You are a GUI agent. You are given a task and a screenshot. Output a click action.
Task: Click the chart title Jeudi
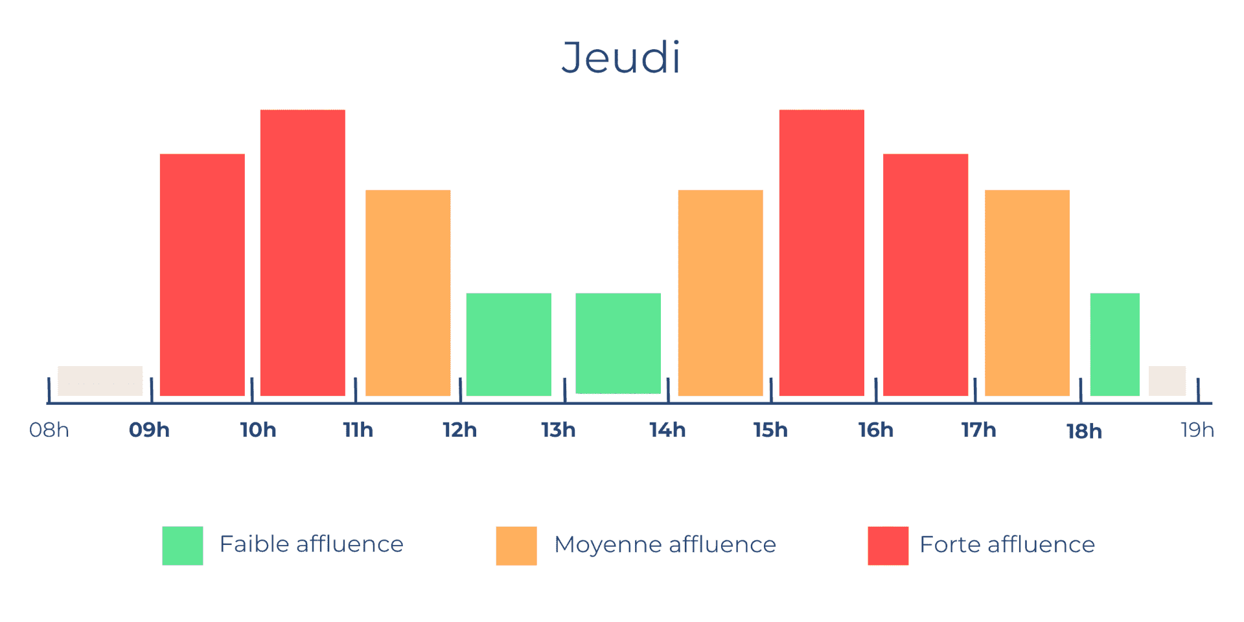[621, 58]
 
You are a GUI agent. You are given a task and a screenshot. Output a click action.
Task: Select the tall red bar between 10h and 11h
[303, 253]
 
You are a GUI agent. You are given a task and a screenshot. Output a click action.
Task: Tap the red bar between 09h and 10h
[202, 275]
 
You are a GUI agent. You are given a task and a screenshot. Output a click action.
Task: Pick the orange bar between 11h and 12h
[408, 293]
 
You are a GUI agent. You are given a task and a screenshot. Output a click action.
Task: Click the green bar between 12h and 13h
[509, 344]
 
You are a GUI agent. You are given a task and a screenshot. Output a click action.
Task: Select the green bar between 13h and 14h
[618, 343]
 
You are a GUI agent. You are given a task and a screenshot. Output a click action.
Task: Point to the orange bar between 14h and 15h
[720, 293]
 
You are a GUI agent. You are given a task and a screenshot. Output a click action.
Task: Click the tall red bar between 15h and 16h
[822, 253]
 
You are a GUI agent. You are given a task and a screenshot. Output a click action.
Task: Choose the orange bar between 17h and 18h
[1027, 293]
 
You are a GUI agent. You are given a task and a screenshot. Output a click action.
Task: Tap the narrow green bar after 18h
[1114, 344]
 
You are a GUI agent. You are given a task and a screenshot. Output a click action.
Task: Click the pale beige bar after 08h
[100, 381]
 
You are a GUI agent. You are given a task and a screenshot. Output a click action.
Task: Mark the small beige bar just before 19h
[1167, 381]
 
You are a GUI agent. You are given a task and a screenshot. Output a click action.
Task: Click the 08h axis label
[49, 430]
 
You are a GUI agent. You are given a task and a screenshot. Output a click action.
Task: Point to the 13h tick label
[559, 430]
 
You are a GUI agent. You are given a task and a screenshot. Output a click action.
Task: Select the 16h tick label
[876, 430]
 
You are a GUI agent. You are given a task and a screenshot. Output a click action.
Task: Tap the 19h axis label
[1197, 430]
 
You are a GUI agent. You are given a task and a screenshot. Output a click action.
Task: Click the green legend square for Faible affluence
[183, 546]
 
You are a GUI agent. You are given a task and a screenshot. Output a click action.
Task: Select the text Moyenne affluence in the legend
[665, 545]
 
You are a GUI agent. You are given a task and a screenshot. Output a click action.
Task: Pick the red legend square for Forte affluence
[888, 546]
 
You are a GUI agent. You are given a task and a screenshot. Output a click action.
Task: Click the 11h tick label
[358, 430]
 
